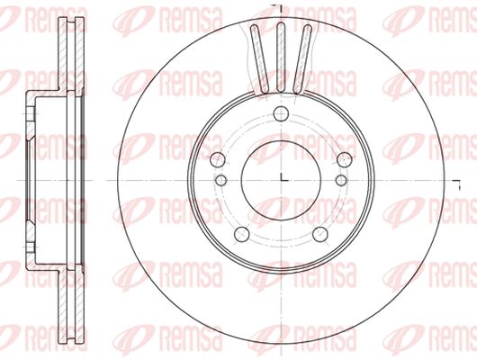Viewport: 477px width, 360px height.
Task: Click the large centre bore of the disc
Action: pos(281,180)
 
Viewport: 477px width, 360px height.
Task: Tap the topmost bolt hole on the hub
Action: pos(281,113)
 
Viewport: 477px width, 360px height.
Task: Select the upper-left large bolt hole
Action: pos(218,159)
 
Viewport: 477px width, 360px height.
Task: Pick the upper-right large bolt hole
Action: pos(345,159)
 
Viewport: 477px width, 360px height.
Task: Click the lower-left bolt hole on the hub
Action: pos(242,234)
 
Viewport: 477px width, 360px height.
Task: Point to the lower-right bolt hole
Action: pos(320,234)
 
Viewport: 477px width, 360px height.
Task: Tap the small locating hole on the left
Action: pos(220,180)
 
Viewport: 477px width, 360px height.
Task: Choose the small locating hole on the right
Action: pos(341,180)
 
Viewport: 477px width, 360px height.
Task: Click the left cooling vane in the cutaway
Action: pos(259,58)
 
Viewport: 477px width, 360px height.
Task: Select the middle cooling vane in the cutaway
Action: pos(281,57)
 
